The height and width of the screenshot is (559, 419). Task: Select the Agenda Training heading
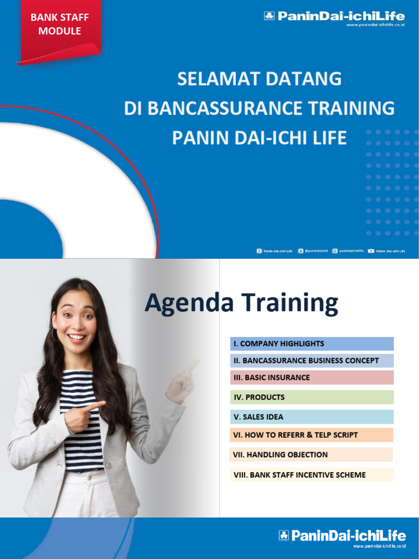(241, 303)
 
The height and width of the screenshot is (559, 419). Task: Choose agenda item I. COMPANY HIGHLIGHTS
(312, 344)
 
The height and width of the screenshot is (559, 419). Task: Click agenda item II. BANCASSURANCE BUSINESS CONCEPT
(312, 361)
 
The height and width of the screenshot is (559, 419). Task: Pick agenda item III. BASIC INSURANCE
(312, 378)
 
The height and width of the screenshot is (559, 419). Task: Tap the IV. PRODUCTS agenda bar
(312, 397)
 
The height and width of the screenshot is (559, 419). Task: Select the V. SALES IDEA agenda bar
(312, 417)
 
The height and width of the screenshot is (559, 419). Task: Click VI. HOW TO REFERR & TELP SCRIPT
(312, 435)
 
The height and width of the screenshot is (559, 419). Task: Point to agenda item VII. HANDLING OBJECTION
(312, 455)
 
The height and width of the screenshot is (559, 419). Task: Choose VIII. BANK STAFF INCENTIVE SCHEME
(312, 475)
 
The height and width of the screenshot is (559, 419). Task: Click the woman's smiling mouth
(76, 337)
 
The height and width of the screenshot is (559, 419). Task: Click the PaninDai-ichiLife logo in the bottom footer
(343, 536)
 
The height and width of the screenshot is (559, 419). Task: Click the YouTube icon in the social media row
(371, 251)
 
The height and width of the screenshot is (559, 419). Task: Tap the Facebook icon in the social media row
(259, 251)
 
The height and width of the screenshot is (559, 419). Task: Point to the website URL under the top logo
(376, 25)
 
